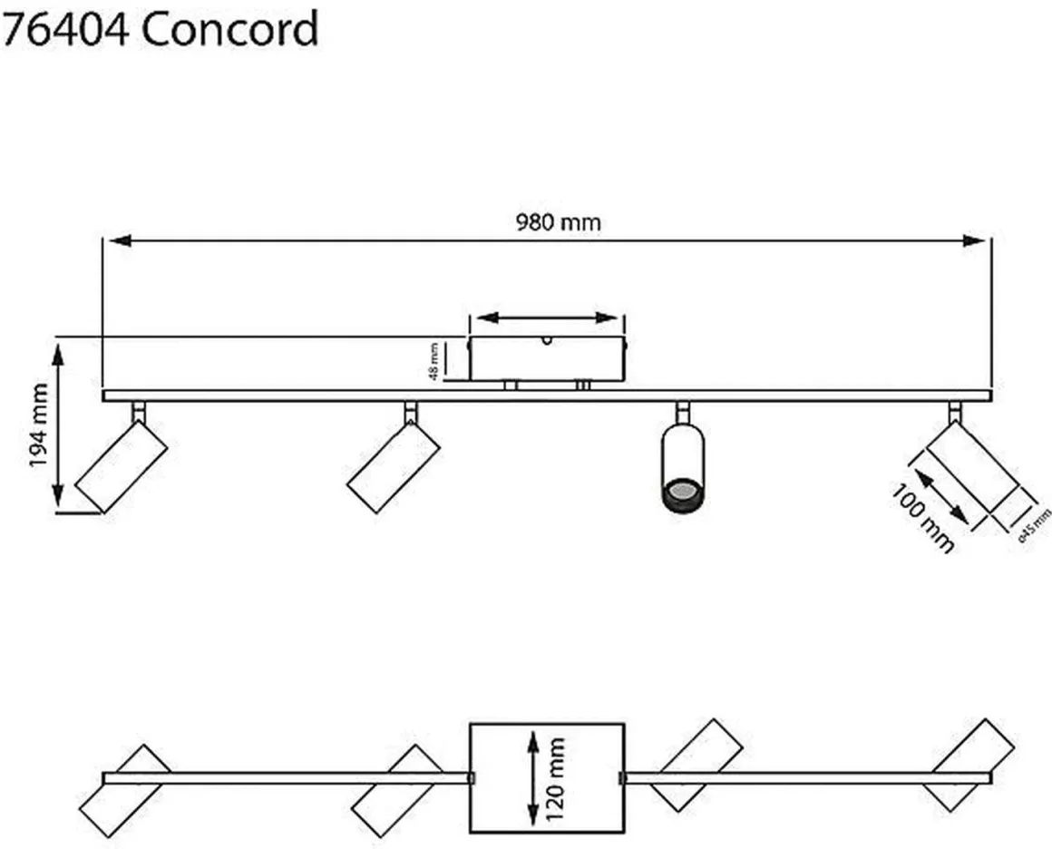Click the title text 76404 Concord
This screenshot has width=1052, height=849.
click(x=160, y=29)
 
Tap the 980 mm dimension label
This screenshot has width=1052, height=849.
click(x=558, y=222)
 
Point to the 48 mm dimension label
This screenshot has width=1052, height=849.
click(x=435, y=361)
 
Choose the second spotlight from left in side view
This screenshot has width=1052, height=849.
click(x=394, y=467)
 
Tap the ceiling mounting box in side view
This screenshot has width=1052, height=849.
click(x=547, y=358)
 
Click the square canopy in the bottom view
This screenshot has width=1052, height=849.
click(x=547, y=777)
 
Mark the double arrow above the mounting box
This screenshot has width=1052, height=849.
click(x=547, y=317)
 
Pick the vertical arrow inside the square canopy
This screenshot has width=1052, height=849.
click(x=531, y=777)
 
